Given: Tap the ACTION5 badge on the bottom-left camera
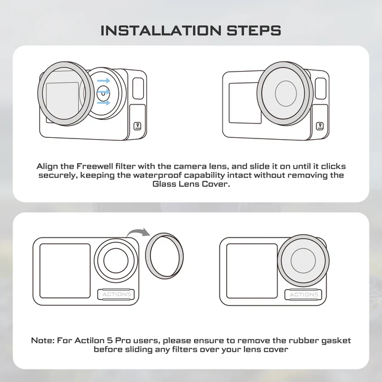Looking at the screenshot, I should [116, 294].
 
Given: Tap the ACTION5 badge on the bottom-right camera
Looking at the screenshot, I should [304, 294].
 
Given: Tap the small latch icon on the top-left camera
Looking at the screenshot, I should [137, 127].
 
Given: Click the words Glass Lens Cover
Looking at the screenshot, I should [191, 185].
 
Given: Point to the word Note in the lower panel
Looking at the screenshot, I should [42, 340].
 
